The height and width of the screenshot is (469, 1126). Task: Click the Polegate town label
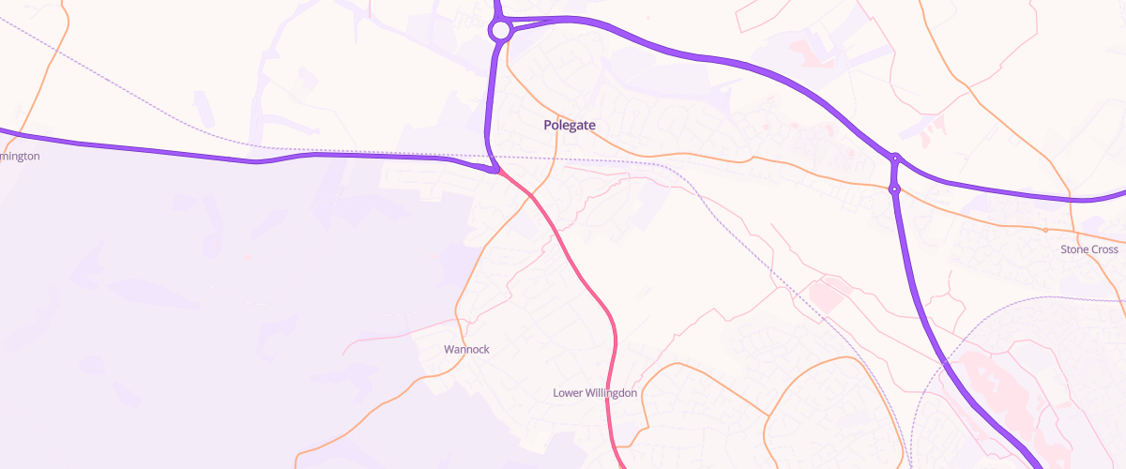[570, 125]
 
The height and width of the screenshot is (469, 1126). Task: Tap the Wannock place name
[466, 349]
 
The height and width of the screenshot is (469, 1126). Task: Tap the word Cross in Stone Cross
[1104, 250]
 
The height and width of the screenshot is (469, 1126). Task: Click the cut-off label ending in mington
[20, 157]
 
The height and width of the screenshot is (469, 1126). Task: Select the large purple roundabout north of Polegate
[500, 31]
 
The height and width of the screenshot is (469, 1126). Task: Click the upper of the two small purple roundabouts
[896, 159]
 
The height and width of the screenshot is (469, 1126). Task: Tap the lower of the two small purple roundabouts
[895, 189]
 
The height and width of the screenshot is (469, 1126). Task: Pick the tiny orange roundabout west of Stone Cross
[1044, 229]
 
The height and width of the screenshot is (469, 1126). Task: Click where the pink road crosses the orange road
[532, 195]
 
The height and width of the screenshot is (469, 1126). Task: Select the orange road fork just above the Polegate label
[558, 103]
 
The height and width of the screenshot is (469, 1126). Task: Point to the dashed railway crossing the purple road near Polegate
[488, 156]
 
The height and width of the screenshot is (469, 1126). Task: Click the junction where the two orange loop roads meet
[769, 416]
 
